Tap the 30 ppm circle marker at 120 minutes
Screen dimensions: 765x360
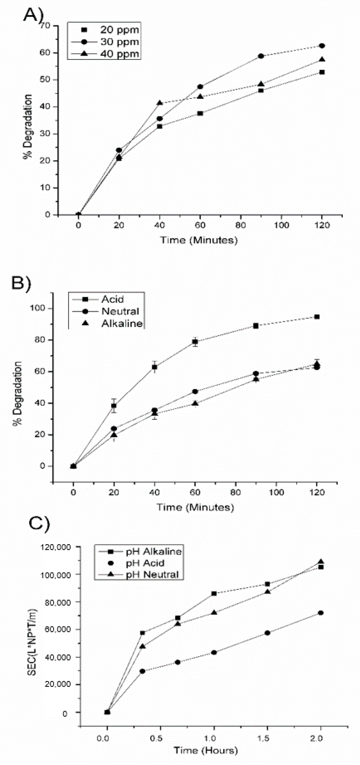point(322,46)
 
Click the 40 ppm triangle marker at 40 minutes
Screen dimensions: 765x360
point(160,103)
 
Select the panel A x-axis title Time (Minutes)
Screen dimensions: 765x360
point(199,240)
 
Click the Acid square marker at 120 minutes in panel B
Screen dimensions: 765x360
point(317,317)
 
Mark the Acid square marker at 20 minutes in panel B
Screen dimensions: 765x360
point(114,406)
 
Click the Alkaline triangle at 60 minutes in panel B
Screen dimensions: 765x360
point(195,403)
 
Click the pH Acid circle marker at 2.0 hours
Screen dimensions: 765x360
point(321,613)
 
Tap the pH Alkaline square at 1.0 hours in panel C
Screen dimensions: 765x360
point(214,593)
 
